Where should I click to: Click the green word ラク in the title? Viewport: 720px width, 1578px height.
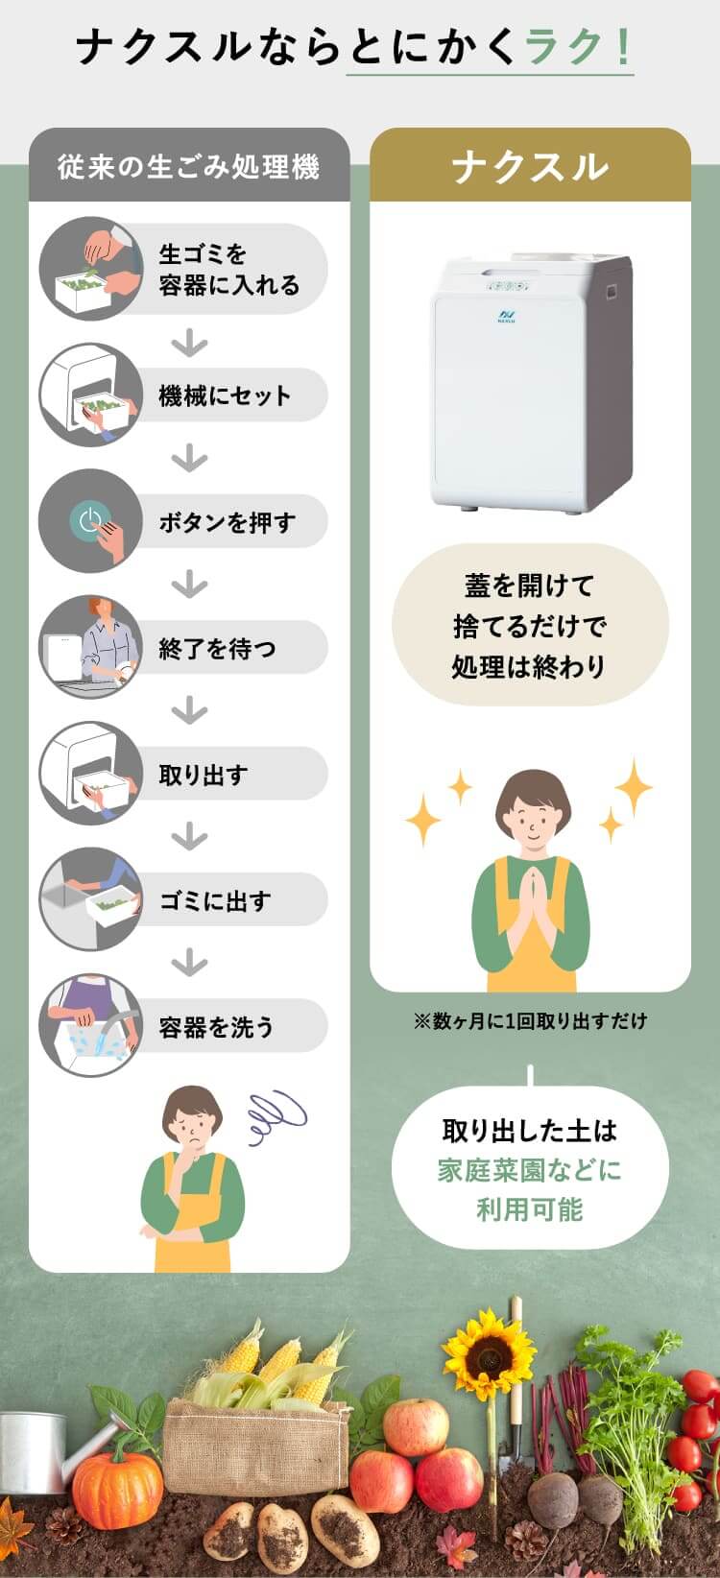[x=564, y=47]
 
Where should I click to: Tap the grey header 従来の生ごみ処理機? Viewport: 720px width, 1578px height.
[x=189, y=166]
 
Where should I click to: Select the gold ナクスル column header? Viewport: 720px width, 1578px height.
[x=530, y=167]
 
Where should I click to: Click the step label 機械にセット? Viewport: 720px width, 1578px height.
[x=225, y=395]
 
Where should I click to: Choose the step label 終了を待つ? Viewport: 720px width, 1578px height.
[x=217, y=648]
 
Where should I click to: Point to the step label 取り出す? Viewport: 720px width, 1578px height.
[x=204, y=775]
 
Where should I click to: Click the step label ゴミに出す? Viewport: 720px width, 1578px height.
[x=215, y=900]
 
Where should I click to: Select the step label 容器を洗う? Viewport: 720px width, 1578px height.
[x=216, y=1026]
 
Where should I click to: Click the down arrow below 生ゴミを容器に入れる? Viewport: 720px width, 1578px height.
[x=189, y=346]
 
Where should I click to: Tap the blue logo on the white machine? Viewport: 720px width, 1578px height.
[x=507, y=315]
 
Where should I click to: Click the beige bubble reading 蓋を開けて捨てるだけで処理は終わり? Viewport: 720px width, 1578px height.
[x=530, y=625]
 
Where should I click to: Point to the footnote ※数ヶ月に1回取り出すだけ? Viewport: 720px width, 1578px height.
[x=530, y=1020]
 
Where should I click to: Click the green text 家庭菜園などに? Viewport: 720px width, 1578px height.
[x=530, y=1170]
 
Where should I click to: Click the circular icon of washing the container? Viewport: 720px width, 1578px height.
[x=91, y=1025]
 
